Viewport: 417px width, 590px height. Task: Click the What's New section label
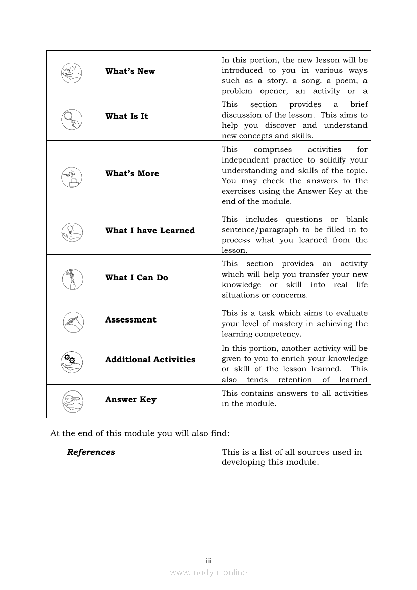coord(130,71)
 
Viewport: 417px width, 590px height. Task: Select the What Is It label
coord(126,116)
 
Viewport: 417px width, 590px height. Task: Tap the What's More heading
coord(132,174)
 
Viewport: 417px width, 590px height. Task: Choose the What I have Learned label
coord(149,231)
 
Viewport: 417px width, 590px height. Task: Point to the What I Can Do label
coord(136,278)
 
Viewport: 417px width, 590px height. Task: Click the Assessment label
coord(130,320)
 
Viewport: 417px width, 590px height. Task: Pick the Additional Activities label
coord(150,360)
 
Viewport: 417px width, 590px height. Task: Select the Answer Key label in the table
coord(130,400)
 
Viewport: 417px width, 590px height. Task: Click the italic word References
coord(91,452)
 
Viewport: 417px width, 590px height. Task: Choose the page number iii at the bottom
coord(208,561)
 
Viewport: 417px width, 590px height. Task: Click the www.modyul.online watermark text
coord(208,572)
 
